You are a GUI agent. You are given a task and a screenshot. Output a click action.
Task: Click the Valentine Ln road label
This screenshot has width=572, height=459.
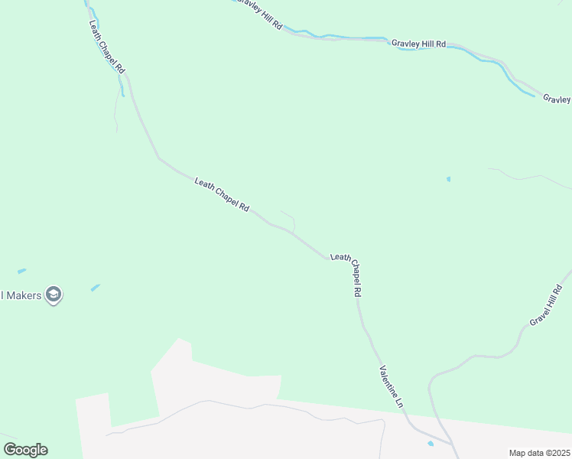[390, 386]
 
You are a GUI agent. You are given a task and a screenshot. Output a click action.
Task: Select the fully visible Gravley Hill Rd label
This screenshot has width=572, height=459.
[418, 44]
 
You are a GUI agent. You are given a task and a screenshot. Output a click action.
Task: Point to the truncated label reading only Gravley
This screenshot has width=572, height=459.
[557, 99]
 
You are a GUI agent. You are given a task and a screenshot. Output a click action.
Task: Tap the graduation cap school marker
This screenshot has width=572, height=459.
[53, 294]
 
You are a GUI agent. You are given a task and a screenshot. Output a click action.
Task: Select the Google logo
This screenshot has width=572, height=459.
[25, 450]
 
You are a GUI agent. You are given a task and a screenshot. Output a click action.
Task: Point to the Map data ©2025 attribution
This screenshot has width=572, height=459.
[539, 453]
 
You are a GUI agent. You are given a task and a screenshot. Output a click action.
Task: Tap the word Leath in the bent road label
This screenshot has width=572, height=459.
[340, 258]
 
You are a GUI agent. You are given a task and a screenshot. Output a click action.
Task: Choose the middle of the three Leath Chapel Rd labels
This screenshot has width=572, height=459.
[222, 195]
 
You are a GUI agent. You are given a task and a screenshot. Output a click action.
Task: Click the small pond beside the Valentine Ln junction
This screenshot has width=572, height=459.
[431, 443]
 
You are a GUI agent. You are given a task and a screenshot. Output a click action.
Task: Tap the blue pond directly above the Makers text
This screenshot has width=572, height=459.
[21, 271]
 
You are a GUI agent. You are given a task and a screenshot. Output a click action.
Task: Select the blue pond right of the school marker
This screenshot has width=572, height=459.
[95, 288]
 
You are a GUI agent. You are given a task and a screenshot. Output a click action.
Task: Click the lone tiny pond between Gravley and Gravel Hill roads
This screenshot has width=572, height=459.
[448, 179]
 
